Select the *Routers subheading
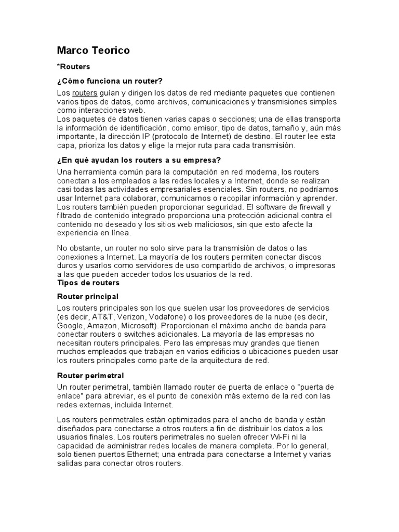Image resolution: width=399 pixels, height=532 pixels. (x=73, y=66)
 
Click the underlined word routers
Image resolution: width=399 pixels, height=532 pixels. (x=85, y=92)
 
